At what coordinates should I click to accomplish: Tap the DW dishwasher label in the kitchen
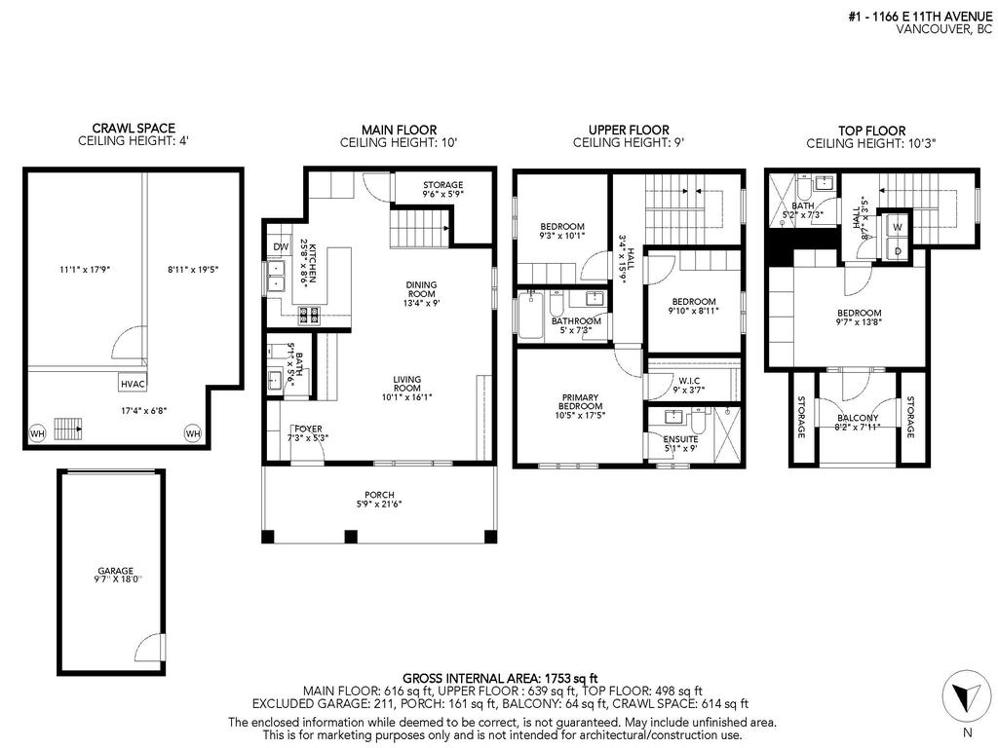pyautogui.click(x=281, y=247)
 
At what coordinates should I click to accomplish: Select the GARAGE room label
pyautogui.click(x=115, y=571)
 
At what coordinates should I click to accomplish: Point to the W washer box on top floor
pyautogui.click(x=898, y=227)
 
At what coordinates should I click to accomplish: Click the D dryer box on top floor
pyautogui.click(x=898, y=250)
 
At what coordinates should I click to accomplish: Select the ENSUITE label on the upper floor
pyautogui.click(x=681, y=438)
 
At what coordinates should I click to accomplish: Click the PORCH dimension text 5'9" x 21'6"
pyautogui.click(x=378, y=505)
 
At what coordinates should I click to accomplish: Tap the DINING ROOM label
pyautogui.click(x=422, y=290)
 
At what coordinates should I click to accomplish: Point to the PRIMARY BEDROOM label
pyautogui.click(x=580, y=403)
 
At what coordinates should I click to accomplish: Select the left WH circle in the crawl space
pyautogui.click(x=37, y=433)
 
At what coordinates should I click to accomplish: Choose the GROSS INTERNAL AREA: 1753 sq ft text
pyautogui.click(x=499, y=678)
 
